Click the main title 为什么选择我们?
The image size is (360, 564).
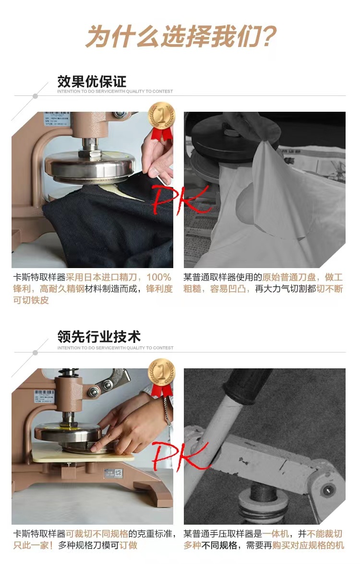click(x=180, y=36)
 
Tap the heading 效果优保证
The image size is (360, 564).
click(x=92, y=81)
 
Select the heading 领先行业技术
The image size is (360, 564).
click(x=99, y=337)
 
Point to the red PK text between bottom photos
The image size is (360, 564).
click(x=180, y=456)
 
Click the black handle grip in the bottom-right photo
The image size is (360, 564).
click(x=245, y=384)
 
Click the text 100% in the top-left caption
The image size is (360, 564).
click(x=158, y=277)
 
